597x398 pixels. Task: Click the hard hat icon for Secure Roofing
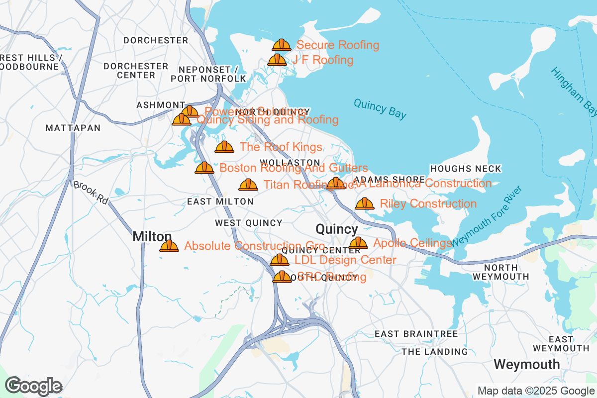[282, 45]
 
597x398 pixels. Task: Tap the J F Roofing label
[323, 60]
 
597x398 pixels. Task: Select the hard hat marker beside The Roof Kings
[224, 147]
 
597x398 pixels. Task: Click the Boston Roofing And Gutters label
[294, 168]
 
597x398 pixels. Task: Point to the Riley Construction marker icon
[365, 203]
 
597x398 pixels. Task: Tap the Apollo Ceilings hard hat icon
[358, 243]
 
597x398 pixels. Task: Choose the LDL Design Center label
[345, 260]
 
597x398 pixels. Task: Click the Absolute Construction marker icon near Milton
[169, 246]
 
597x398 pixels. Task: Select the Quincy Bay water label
[380, 108]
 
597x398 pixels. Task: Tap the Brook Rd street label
[90, 193]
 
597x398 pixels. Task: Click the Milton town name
[152, 237]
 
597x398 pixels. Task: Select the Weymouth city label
[526, 364]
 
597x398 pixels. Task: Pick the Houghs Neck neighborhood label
[466, 169]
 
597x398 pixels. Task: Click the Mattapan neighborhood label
[73, 128]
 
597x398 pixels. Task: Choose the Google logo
[34, 386]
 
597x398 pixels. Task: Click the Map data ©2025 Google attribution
[536, 391]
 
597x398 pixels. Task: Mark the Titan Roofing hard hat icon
[248, 185]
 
